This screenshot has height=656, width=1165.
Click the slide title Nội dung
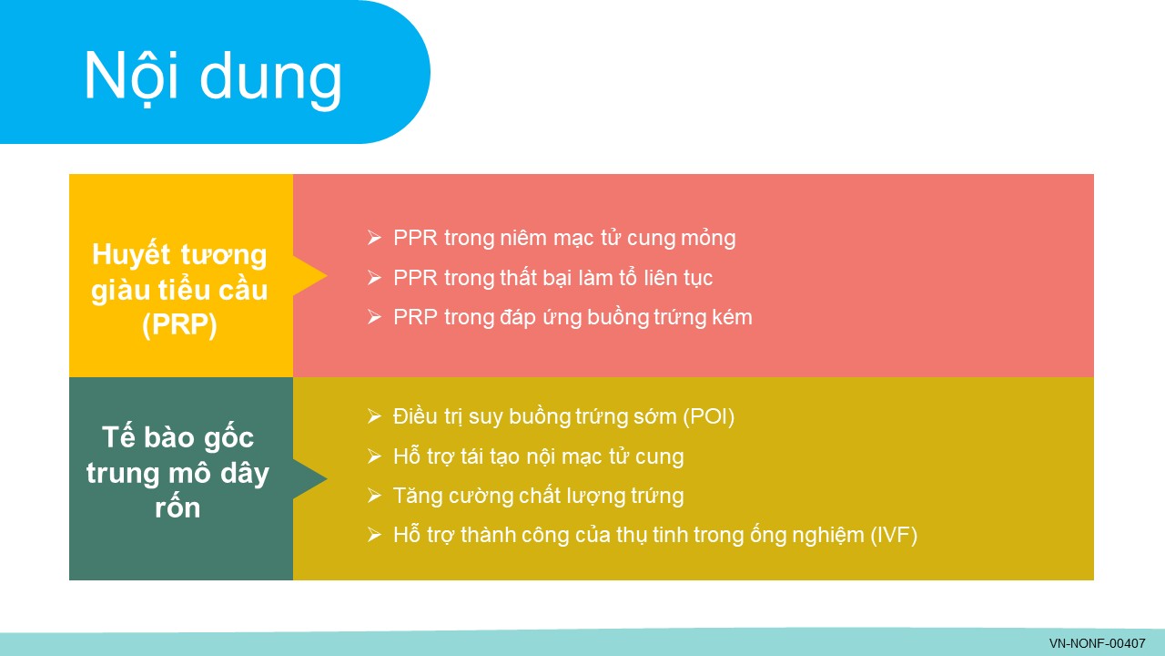click(213, 78)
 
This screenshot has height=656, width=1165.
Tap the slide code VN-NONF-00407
click(1098, 643)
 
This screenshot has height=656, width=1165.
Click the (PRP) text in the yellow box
click(179, 325)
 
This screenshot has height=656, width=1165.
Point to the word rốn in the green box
click(177, 507)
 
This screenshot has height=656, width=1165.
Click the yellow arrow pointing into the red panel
click(310, 276)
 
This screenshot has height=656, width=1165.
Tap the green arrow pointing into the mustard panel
click(310, 479)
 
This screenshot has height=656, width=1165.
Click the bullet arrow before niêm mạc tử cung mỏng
click(374, 238)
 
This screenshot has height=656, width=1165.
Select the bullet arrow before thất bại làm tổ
click(374, 278)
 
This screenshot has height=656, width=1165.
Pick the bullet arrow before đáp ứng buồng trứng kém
click(374, 317)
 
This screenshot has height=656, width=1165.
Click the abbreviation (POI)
click(708, 417)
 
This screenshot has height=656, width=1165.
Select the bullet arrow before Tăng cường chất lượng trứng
click(374, 495)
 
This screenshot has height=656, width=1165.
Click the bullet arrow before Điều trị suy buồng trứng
click(374, 416)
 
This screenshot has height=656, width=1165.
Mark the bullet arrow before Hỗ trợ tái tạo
click(374, 456)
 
